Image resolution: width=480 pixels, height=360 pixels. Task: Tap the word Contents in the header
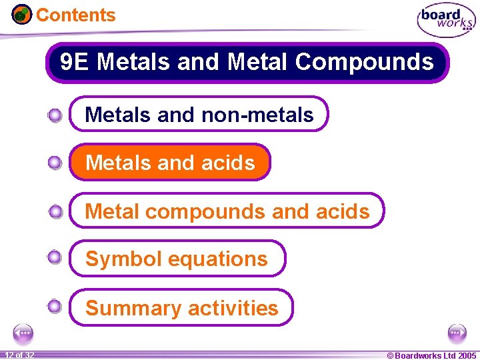75,15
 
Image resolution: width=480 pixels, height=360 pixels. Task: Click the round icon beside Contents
22,14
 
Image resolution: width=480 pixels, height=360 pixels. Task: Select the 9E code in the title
74,62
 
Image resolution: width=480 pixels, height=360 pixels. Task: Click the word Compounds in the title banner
364,62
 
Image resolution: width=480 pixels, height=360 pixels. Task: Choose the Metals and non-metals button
199,115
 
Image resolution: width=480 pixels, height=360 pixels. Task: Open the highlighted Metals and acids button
171,163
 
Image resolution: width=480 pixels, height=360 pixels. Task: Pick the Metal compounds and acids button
227,211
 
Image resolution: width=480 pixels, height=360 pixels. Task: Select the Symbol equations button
177,259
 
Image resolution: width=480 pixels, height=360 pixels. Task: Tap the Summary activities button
181,308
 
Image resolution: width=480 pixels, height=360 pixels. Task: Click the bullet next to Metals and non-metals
55,115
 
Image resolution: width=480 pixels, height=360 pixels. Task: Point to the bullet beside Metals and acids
55,163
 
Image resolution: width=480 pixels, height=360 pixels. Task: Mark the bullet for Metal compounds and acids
55,212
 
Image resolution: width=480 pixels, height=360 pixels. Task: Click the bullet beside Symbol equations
55,257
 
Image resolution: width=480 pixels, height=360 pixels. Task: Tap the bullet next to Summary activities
55,307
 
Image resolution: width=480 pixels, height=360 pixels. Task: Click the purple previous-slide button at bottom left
23,333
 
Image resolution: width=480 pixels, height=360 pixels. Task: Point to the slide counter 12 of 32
19,355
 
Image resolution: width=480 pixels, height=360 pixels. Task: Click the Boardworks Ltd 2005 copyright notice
431,355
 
